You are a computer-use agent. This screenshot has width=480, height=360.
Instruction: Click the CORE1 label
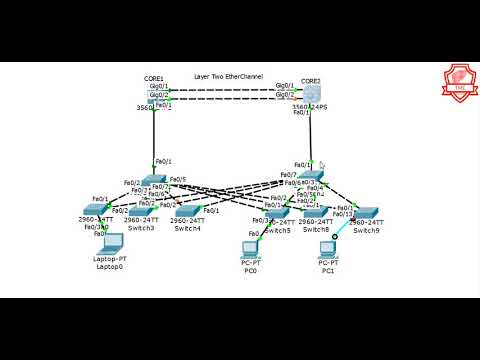[154, 77]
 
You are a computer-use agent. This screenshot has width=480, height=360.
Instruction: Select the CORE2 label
[311, 80]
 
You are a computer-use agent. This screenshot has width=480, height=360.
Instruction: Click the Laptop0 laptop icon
[107, 243]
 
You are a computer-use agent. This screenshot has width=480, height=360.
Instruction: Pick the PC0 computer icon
[251, 249]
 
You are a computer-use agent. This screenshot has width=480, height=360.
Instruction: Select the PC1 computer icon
[326, 249]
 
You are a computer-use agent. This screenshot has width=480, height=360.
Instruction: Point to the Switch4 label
[187, 229]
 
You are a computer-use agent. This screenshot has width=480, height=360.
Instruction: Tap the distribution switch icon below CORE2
[315, 177]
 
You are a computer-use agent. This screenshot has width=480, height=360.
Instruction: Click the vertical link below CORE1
[153, 135]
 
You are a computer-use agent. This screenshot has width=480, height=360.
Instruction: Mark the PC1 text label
[327, 270]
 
